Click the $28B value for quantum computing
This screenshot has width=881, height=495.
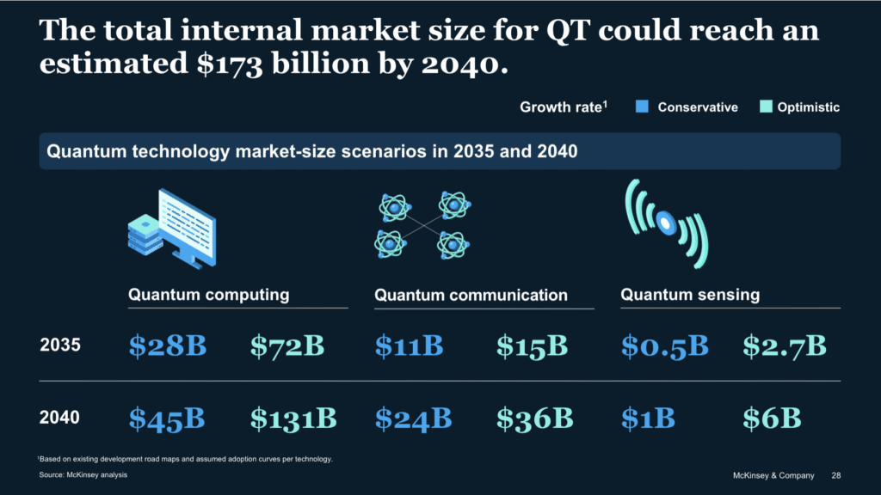pyautogui.click(x=168, y=346)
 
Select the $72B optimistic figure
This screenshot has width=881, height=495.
pyautogui.click(x=287, y=346)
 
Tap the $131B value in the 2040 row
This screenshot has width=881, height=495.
pyautogui.click(x=293, y=419)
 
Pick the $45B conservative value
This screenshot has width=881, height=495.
pyautogui.click(x=168, y=419)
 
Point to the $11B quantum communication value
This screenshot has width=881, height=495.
pyautogui.click(x=409, y=346)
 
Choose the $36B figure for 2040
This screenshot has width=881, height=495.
pyautogui.click(x=535, y=419)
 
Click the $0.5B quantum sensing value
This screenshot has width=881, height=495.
pyautogui.click(x=664, y=346)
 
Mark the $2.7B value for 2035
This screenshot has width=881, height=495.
pyautogui.click(x=785, y=346)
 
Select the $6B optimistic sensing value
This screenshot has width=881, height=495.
pyautogui.click(x=772, y=419)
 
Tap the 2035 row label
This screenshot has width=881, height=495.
pyautogui.click(x=60, y=346)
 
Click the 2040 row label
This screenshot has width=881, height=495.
pyautogui.click(x=60, y=419)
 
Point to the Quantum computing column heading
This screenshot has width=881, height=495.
pyautogui.click(x=208, y=295)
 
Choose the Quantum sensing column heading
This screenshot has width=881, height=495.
pyautogui.click(x=690, y=295)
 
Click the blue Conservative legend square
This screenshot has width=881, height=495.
pyautogui.click(x=641, y=107)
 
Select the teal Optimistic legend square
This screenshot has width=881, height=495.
pyautogui.click(x=766, y=107)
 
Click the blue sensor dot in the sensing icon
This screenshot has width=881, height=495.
pyautogui.click(x=664, y=223)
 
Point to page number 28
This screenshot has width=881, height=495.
pyautogui.click(x=836, y=475)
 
